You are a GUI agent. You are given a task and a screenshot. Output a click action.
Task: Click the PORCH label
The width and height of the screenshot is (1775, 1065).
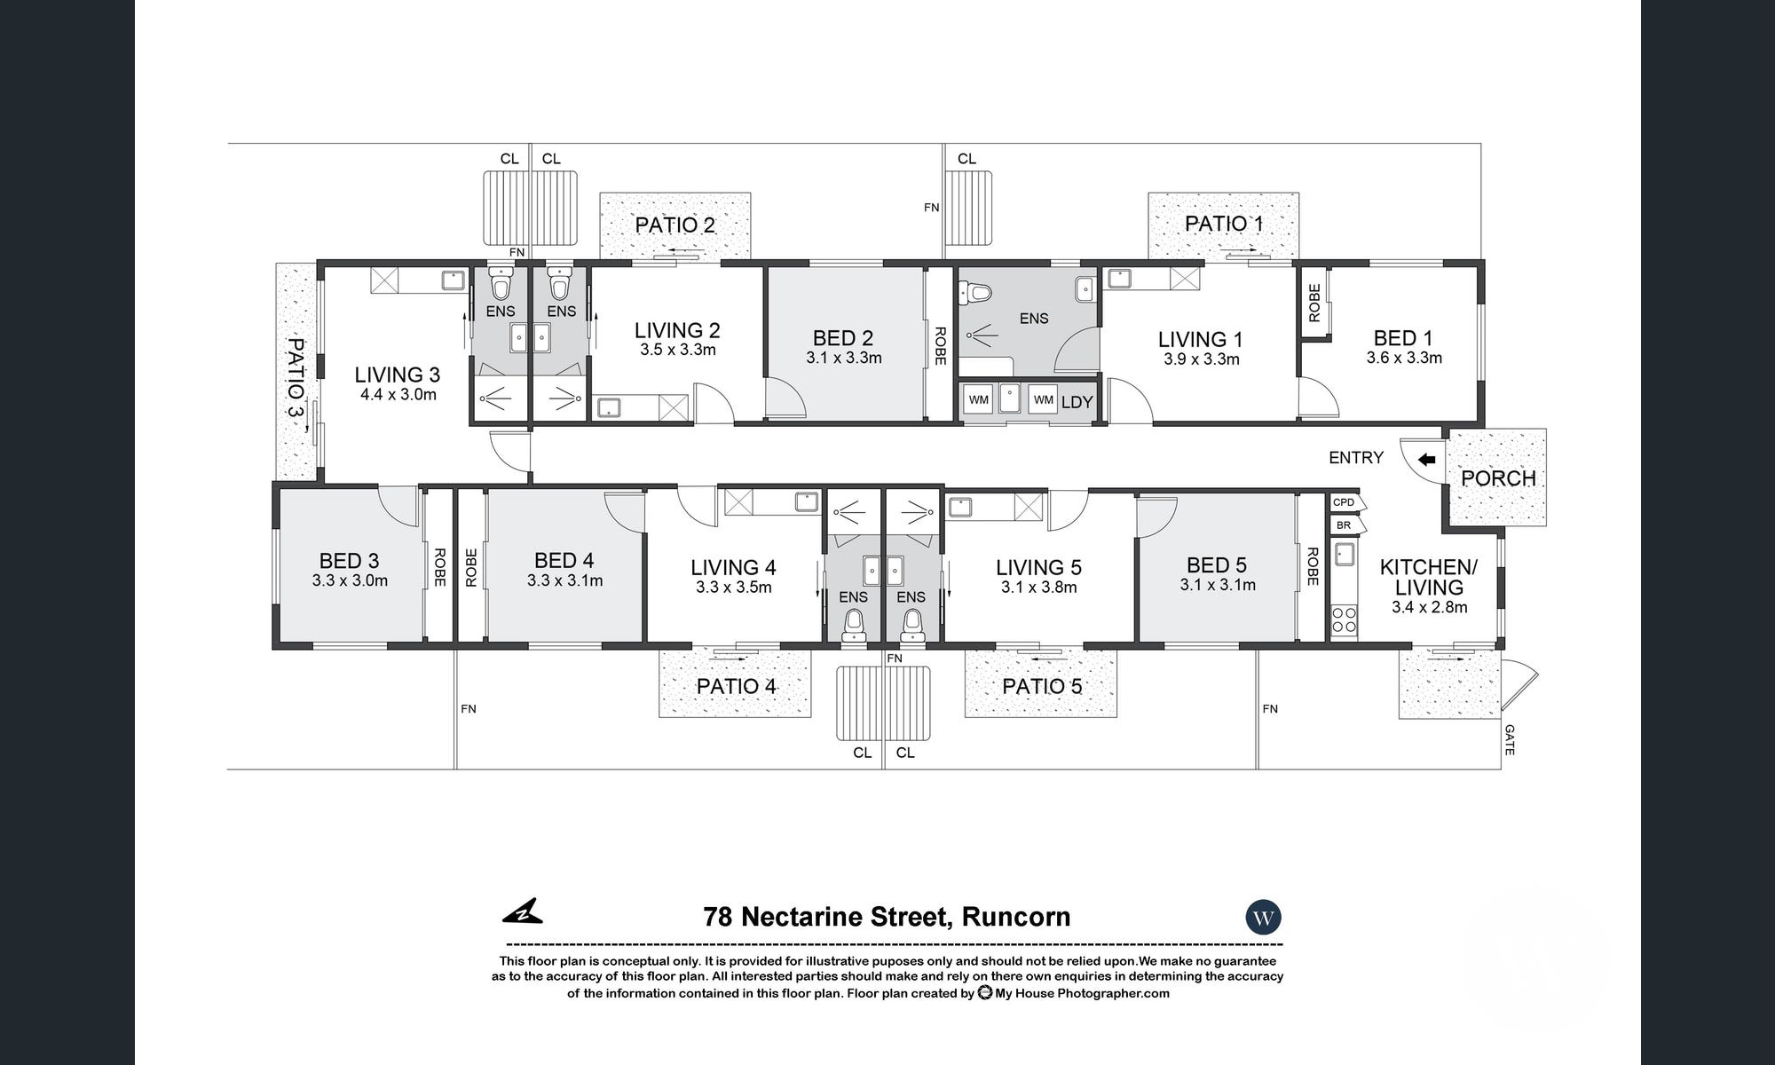(1498, 478)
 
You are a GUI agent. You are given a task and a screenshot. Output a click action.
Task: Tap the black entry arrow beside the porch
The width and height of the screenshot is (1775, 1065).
(1427, 460)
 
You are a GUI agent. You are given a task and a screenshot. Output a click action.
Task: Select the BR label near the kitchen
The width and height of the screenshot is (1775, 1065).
(1344, 525)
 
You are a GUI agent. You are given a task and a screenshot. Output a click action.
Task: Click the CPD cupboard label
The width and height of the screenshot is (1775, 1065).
(1344, 502)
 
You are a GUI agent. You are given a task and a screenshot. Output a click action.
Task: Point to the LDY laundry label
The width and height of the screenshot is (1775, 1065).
(1077, 402)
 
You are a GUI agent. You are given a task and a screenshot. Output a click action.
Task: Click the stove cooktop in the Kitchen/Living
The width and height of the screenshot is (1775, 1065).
(1345, 619)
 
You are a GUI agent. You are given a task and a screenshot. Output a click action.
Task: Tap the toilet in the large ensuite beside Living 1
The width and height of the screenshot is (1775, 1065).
(976, 291)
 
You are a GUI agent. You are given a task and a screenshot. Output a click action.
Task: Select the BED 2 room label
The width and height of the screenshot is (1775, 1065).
(843, 338)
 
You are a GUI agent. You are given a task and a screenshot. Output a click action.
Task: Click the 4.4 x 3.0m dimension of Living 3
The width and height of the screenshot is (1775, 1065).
(398, 395)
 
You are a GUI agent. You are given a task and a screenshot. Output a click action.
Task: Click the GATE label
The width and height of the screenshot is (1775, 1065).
(1510, 740)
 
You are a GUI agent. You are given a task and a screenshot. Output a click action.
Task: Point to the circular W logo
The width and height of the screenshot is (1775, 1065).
(1264, 917)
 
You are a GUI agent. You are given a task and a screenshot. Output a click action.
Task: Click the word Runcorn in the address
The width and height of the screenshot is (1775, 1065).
(1016, 917)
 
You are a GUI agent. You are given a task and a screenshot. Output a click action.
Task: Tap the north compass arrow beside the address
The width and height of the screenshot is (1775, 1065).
(523, 911)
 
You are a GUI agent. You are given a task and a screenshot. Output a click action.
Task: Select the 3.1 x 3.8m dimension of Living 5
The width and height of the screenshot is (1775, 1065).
(1038, 588)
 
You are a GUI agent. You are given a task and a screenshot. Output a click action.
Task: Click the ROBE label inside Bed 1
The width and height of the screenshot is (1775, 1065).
(1314, 303)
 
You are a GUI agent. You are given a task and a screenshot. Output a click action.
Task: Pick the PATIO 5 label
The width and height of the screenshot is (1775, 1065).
(1042, 686)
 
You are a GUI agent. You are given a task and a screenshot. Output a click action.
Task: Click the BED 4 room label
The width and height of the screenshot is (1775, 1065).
(564, 561)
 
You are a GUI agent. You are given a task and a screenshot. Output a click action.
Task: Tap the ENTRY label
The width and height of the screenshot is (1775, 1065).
(1356, 458)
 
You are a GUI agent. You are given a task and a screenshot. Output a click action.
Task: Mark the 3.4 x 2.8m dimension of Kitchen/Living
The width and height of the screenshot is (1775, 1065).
(1430, 608)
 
